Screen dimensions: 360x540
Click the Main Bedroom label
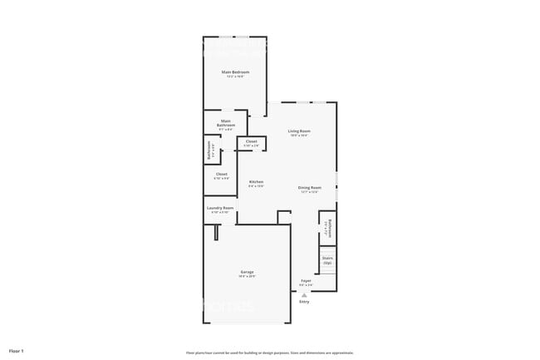click(235, 72)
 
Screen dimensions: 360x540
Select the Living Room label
click(299, 131)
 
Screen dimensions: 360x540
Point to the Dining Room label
click(309, 187)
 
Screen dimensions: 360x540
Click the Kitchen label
click(256, 182)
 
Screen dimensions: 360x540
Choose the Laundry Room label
click(220, 208)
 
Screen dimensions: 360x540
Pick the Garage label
click(247, 272)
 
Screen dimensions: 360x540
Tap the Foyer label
click(306, 281)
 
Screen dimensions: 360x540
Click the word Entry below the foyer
click(304, 301)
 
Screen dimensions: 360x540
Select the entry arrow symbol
click(304, 294)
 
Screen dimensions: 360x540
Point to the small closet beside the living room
click(251, 142)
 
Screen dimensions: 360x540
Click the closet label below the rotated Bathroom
click(222, 174)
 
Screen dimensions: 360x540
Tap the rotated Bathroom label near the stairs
click(330, 226)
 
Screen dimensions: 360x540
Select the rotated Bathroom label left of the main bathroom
click(209, 150)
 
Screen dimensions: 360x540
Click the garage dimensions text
click(247, 276)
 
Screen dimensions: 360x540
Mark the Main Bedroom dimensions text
click(235, 76)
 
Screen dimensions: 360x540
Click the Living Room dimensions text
click(299, 136)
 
